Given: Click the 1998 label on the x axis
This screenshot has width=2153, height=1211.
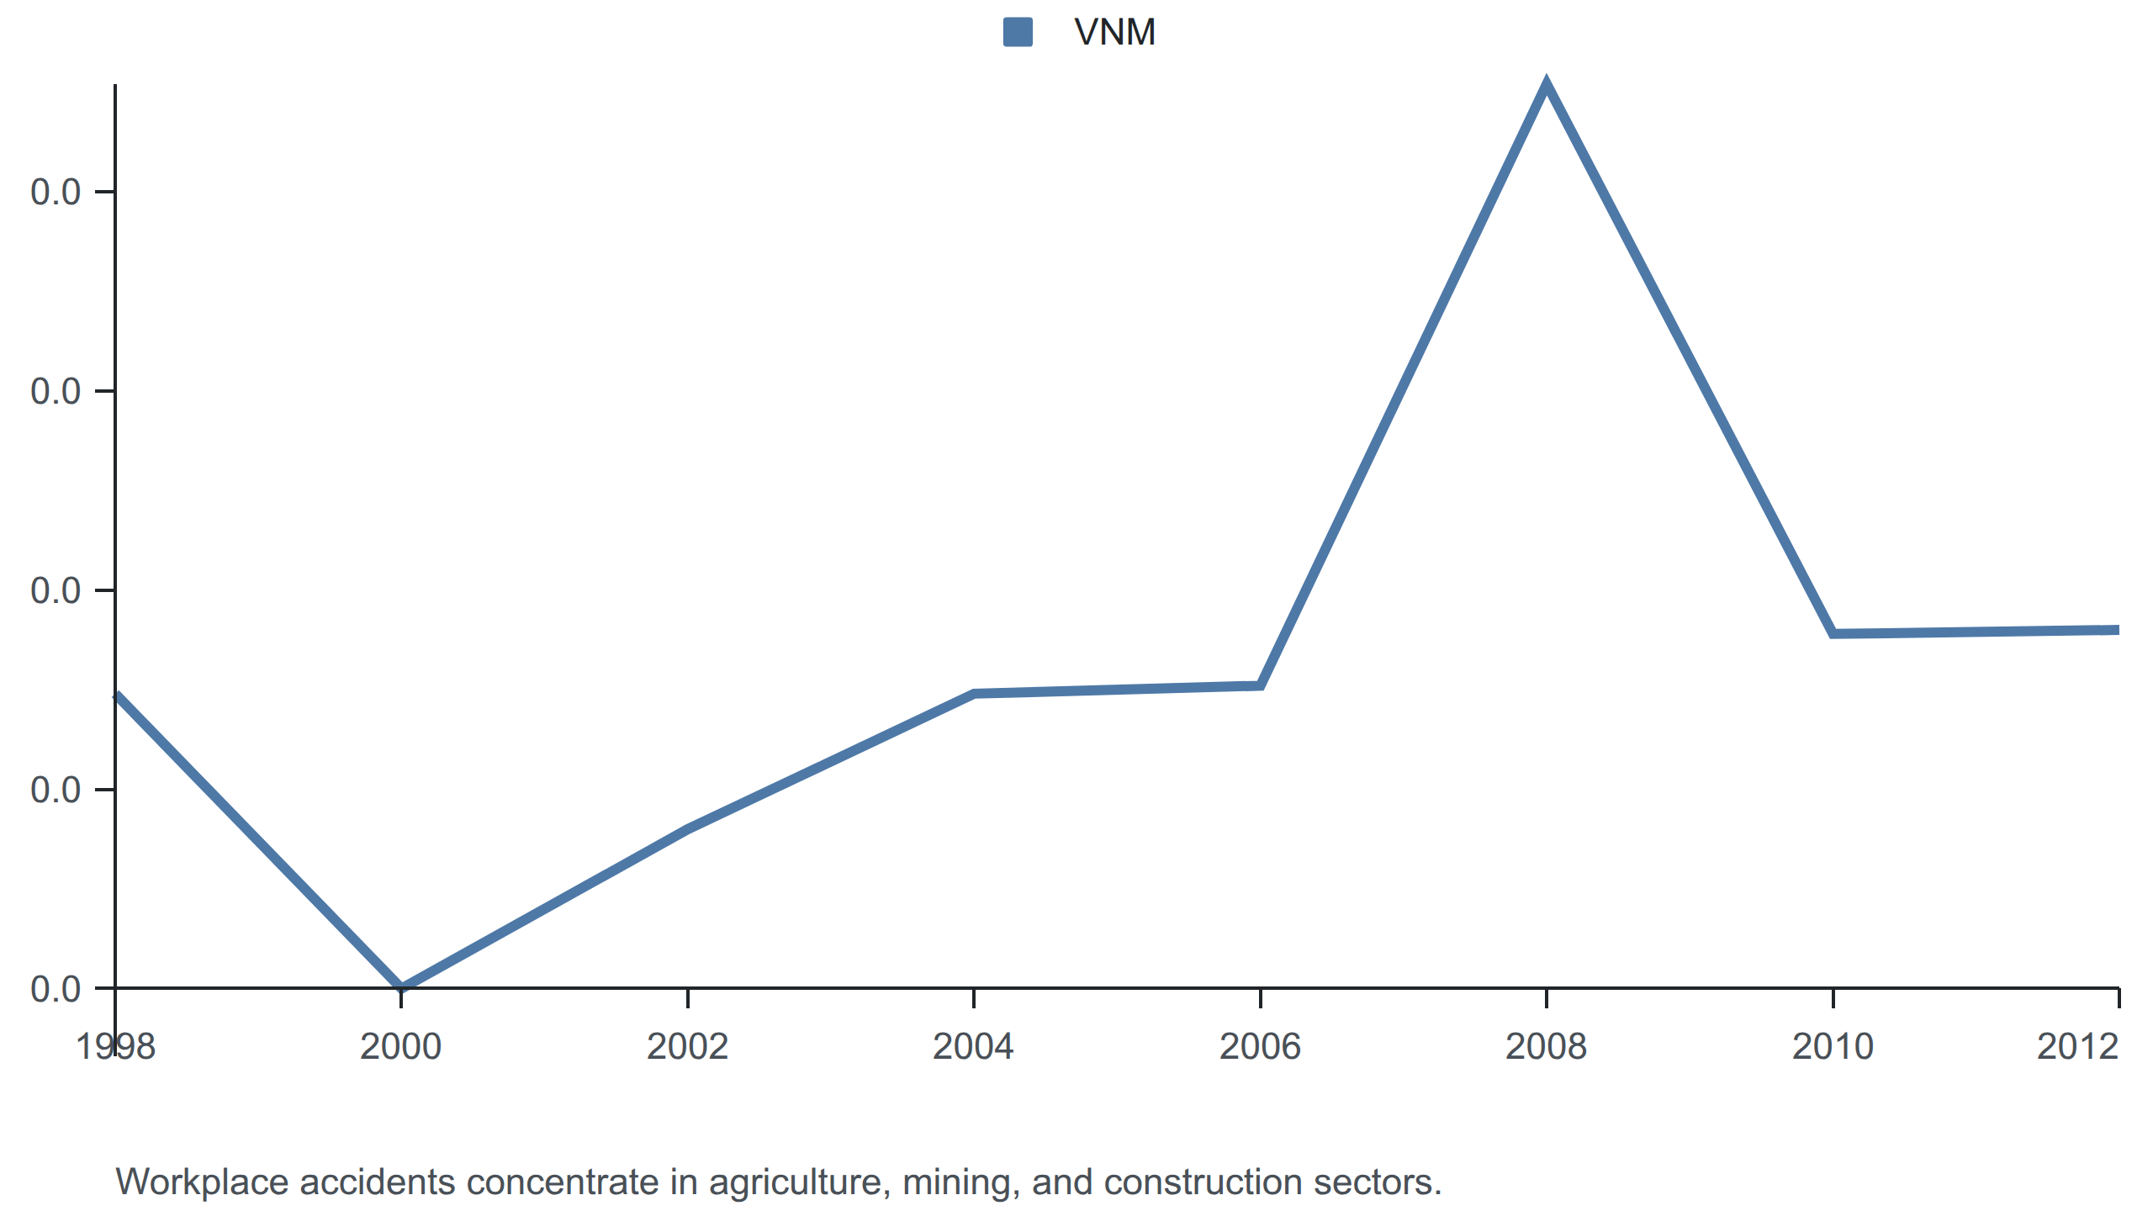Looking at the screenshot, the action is click(x=115, y=1047).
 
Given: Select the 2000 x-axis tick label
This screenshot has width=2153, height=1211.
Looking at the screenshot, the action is click(x=401, y=1047).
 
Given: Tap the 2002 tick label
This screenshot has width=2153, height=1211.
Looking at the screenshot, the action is click(x=687, y=1047).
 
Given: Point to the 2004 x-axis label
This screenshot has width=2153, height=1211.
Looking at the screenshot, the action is click(x=973, y=1047).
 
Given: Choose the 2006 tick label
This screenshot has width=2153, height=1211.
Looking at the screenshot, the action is click(x=1260, y=1047).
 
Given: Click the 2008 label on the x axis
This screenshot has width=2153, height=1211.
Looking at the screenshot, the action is click(x=1546, y=1047).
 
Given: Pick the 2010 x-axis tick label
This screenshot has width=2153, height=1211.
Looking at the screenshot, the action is click(x=1833, y=1047).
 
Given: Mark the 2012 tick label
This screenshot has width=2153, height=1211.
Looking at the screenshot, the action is click(x=2077, y=1047).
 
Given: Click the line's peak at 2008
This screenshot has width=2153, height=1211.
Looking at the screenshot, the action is click(x=1546, y=84).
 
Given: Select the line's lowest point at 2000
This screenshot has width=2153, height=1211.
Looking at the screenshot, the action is click(x=401, y=986).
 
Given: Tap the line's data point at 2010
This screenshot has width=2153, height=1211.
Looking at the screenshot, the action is click(x=1833, y=633).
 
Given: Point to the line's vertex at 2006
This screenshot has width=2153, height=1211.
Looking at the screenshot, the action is click(x=1260, y=685).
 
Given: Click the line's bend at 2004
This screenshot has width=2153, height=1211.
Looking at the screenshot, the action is click(x=973, y=694).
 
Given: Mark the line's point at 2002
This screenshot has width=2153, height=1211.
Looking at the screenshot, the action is click(x=687, y=829).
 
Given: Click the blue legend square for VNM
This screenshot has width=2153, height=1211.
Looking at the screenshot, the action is click(x=1018, y=32).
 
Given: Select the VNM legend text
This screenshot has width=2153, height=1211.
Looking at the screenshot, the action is click(x=1115, y=32).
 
